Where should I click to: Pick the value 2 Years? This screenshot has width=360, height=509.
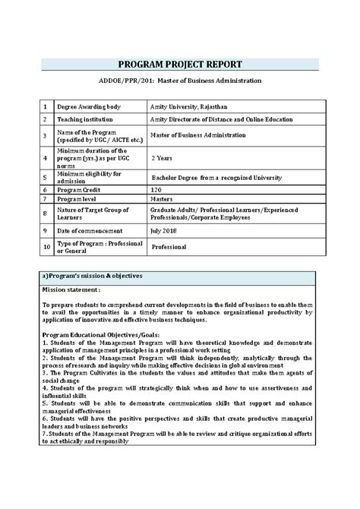(166, 158)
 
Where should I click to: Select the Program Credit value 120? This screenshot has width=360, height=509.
(157, 188)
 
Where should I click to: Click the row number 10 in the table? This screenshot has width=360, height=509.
(46, 246)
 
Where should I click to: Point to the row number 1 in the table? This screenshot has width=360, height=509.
(46, 107)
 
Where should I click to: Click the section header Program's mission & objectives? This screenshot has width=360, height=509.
(94, 275)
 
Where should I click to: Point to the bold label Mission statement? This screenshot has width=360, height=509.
(71, 289)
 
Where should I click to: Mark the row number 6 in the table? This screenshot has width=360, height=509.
(46, 188)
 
